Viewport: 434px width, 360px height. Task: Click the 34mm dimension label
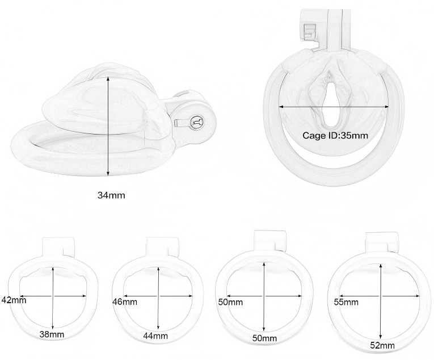pos(111,195)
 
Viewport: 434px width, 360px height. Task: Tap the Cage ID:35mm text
pos(335,136)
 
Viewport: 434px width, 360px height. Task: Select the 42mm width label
pos(14,300)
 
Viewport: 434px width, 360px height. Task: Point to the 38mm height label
pos(52,334)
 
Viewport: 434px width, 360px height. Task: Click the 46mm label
pos(125,302)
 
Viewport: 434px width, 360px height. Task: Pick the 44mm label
pos(155,336)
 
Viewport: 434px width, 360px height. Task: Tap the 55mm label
pos(346,302)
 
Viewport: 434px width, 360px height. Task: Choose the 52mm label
pos(382,345)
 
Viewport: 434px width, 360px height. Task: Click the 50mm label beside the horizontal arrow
pos(230,302)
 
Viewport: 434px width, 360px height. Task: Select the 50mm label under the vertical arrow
pos(264,338)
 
